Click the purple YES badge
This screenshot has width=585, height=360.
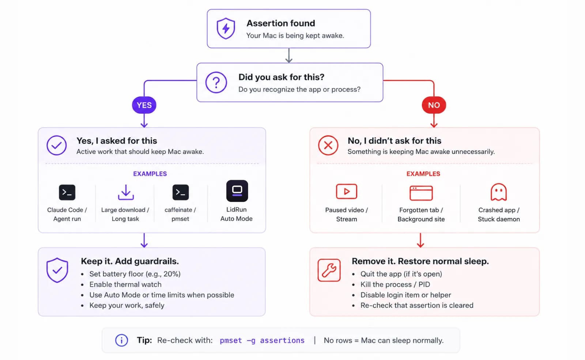pos(144,105)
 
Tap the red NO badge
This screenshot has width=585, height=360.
pos(434,105)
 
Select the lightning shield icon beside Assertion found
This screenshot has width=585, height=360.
pos(226,29)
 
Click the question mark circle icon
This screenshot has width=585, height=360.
pos(216,83)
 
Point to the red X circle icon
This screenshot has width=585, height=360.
pos(328,145)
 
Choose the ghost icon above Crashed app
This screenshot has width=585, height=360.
pos(499,192)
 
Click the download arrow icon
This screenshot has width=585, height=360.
pos(126,192)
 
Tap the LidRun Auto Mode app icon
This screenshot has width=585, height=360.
pos(237,191)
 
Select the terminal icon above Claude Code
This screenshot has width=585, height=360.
pos(67,192)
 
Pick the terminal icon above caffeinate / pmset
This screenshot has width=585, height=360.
pos(181,192)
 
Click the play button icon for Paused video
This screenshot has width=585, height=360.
pos(347,192)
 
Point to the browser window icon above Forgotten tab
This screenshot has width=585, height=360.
pos(421,193)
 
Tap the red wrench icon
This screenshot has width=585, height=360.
pos(329,270)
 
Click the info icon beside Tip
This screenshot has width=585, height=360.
pos(121,340)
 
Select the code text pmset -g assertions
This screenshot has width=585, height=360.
pos(262,340)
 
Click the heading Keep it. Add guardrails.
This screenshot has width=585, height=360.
pos(130,261)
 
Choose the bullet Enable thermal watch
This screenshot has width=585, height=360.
pos(125,284)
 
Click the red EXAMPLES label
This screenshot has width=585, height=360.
pos(423,174)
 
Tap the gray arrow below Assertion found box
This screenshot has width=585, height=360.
pos(288,56)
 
